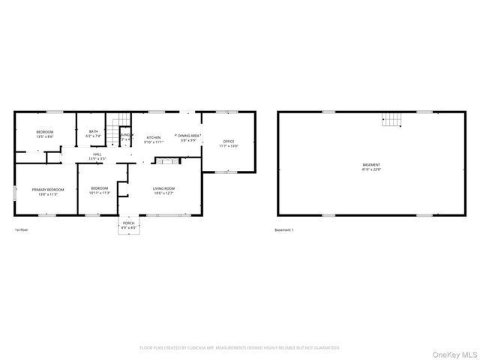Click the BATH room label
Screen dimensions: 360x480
click(93, 131)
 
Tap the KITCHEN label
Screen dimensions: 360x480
click(154, 137)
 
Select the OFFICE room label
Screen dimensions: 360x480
click(228, 141)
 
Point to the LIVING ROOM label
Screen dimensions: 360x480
click(163, 188)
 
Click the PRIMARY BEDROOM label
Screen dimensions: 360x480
click(47, 190)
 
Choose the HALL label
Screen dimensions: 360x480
click(97, 154)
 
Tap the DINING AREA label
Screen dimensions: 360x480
click(189, 136)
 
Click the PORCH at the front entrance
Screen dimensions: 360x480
click(128, 223)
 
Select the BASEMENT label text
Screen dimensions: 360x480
click(371, 164)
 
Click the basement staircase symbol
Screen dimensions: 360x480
click(391, 119)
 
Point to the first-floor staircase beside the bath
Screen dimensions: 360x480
click(112, 135)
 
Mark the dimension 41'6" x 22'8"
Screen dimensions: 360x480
click(371, 169)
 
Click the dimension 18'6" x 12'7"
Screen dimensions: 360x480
click(163, 193)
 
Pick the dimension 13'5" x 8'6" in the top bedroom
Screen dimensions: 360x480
click(44, 136)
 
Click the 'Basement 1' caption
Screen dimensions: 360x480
click(284, 229)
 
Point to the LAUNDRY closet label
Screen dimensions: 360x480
click(126, 135)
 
